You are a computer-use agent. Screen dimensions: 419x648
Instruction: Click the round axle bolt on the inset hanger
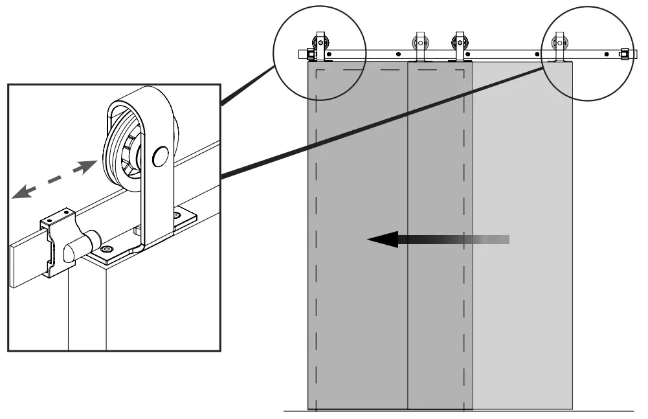[160, 155]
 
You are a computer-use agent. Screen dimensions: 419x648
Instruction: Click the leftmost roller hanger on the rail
[319, 47]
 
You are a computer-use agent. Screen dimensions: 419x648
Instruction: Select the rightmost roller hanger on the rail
[559, 47]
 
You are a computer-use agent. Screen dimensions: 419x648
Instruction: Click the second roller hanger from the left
[419, 47]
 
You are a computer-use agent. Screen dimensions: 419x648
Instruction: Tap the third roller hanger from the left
[460, 47]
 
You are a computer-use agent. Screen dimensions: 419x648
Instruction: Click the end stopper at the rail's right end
[625, 54]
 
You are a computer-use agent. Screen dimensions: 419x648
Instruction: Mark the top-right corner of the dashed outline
[464, 69]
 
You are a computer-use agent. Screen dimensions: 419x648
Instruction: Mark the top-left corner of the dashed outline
[316, 69]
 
